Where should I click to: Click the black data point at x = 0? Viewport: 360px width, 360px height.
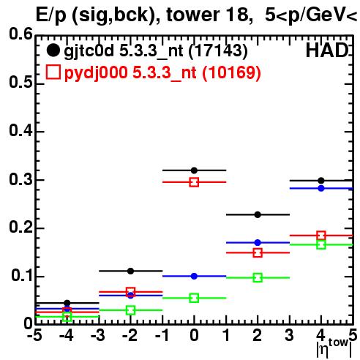tap(194, 170)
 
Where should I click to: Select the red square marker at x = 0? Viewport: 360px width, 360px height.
tap(194, 182)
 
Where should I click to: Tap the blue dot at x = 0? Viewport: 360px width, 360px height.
tap(194, 276)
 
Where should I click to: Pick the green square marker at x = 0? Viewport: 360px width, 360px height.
tap(194, 298)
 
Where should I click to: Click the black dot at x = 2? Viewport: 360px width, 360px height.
tap(258, 214)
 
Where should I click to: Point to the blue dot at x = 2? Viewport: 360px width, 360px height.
tap(258, 243)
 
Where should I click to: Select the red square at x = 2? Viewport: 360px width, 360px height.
tap(258, 252)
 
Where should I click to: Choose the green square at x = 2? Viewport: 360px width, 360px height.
tap(258, 278)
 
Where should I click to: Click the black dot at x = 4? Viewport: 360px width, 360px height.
tap(321, 181)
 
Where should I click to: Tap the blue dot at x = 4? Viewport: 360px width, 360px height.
tap(321, 188)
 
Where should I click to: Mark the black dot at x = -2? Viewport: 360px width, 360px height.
tap(131, 271)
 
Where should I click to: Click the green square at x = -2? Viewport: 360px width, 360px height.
tap(131, 310)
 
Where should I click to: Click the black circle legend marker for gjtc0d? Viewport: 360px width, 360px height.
tap(53, 50)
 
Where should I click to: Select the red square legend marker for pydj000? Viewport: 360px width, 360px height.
tap(53, 72)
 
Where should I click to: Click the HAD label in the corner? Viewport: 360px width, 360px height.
tap(328, 50)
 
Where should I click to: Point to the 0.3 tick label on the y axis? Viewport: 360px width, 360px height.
tap(20, 179)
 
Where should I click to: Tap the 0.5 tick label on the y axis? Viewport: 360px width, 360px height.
tap(20, 83)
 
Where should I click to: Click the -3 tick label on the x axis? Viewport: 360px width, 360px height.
tap(98, 335)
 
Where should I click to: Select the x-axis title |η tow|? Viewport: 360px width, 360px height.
tap(334, 348)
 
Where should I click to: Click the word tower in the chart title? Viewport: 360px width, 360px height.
tap(193, 15)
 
